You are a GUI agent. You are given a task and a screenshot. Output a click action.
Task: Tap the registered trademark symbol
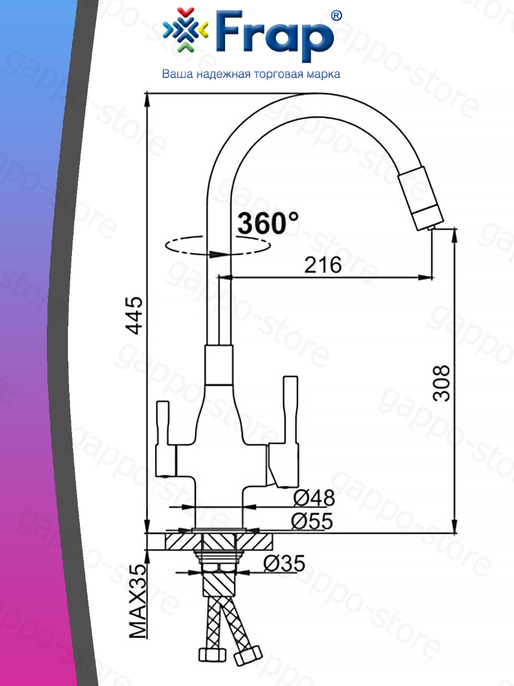point(336,16)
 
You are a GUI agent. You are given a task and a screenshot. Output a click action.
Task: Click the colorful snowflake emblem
point(186,30)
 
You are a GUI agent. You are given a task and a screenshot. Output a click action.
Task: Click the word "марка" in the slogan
point(324,75)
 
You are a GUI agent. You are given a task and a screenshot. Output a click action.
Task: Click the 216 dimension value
point(323,265)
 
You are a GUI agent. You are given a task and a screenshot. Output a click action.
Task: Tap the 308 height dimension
point(441,383)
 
